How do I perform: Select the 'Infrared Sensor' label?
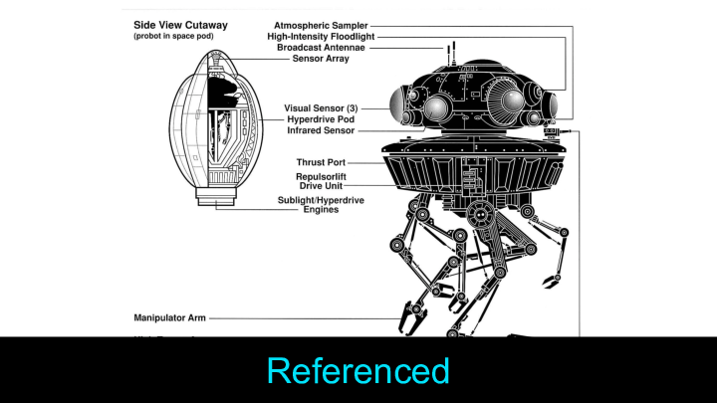(321, 130)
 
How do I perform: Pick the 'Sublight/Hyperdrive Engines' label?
(321, 205)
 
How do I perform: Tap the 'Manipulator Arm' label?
(170, 318)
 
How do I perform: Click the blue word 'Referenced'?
(358, 370)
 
